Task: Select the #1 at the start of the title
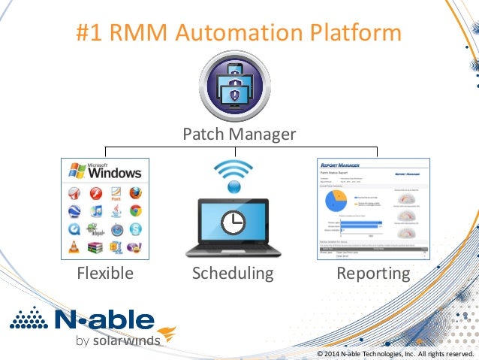pyautogui.click(x=92, y=32)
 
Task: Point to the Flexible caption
pyautogui.click(x=105, y=273)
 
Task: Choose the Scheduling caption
pyautogui.click(x=233, y=273)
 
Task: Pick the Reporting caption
pyautogui.click(x=373, y=273)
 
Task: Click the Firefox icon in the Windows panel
pyautogui.click(x=134, y=193)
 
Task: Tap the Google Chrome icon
pyautogui.click(x=134, y=211)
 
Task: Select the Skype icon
pyautogui.click(x=134, y=229)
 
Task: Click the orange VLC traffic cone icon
pyautogui.click(x=76, y=247)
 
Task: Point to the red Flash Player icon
pyautogui.click(x=95, y=193)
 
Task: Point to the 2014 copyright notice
pyautogui.click(x=395, y=353)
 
